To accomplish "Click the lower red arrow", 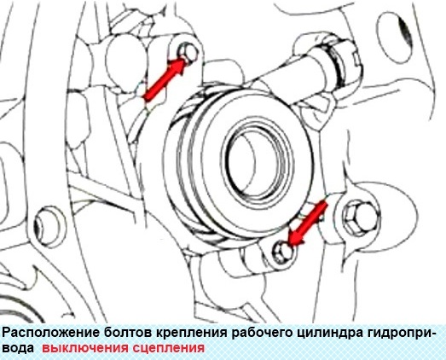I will [307, 221].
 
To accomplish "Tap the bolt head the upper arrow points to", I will [188, 53].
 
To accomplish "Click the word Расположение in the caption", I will [47, 333].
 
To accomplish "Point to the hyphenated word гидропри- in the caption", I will [396, 333].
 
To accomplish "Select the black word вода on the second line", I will [18, 348].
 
